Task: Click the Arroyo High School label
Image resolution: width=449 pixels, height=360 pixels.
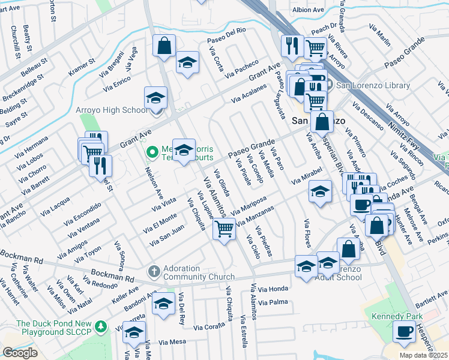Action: tap(111, 110)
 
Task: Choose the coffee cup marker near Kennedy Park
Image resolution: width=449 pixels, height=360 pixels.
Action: tap(404, 331)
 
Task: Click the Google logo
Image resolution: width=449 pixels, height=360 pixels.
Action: tap(20, 353)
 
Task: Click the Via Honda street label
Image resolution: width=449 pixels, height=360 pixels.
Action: tap(274, 289)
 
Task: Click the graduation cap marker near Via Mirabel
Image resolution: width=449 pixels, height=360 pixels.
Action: tap(320, 192)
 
